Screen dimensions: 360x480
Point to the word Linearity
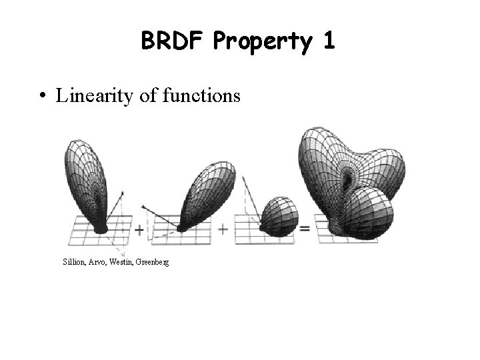tap(91, 97)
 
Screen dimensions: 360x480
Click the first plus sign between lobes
tap(139, 230)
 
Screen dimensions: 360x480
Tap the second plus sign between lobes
tap(223, 229)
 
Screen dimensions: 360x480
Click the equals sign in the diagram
tap(305, 229)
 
